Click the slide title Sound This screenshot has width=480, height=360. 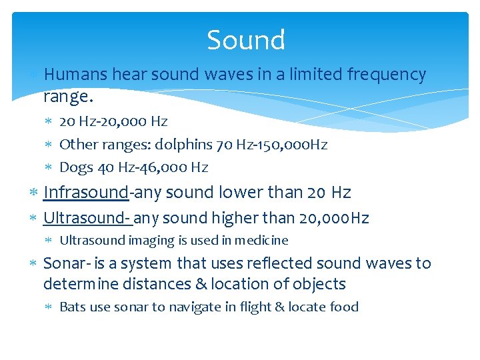[246, 41]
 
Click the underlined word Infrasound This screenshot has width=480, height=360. [85, 193]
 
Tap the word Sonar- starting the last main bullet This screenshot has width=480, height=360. [65, 263]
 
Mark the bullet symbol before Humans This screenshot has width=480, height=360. [35, 75]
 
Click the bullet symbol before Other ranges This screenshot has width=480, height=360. [51, 145]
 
